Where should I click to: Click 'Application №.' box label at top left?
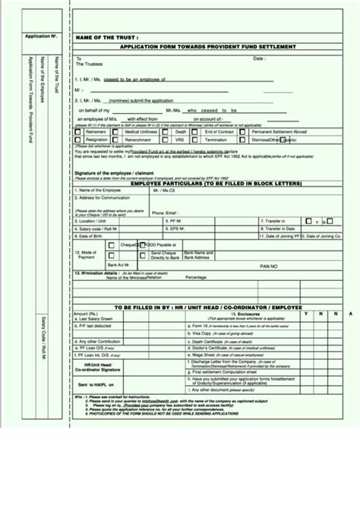coord(43,37)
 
